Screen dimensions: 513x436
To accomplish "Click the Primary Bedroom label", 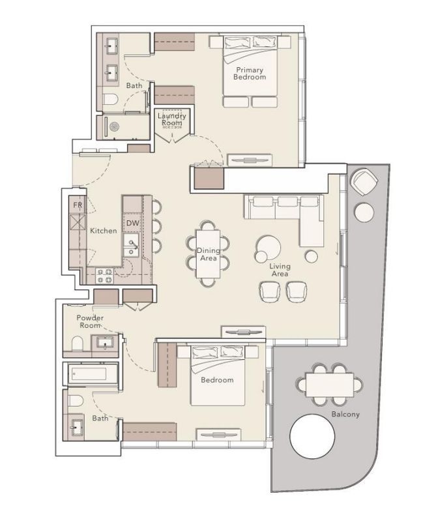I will point(250,73).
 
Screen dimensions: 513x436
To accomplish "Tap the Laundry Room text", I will point(172,119).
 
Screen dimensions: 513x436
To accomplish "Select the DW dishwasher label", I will point(132,224).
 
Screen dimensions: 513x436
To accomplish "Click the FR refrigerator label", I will point(78,205).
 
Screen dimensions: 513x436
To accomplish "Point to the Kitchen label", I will point(103,231).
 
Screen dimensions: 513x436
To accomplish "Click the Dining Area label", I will point(208,254).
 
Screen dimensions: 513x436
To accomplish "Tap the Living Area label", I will point(280,270).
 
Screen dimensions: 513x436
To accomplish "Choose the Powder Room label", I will point(89,321).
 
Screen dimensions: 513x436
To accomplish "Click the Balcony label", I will point(345,414).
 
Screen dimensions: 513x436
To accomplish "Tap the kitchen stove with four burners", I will point(105,275).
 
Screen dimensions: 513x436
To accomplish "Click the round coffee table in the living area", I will point(267,246).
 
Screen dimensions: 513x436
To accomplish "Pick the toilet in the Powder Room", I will point(76,343).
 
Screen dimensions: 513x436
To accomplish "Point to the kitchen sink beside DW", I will point(132,246).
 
